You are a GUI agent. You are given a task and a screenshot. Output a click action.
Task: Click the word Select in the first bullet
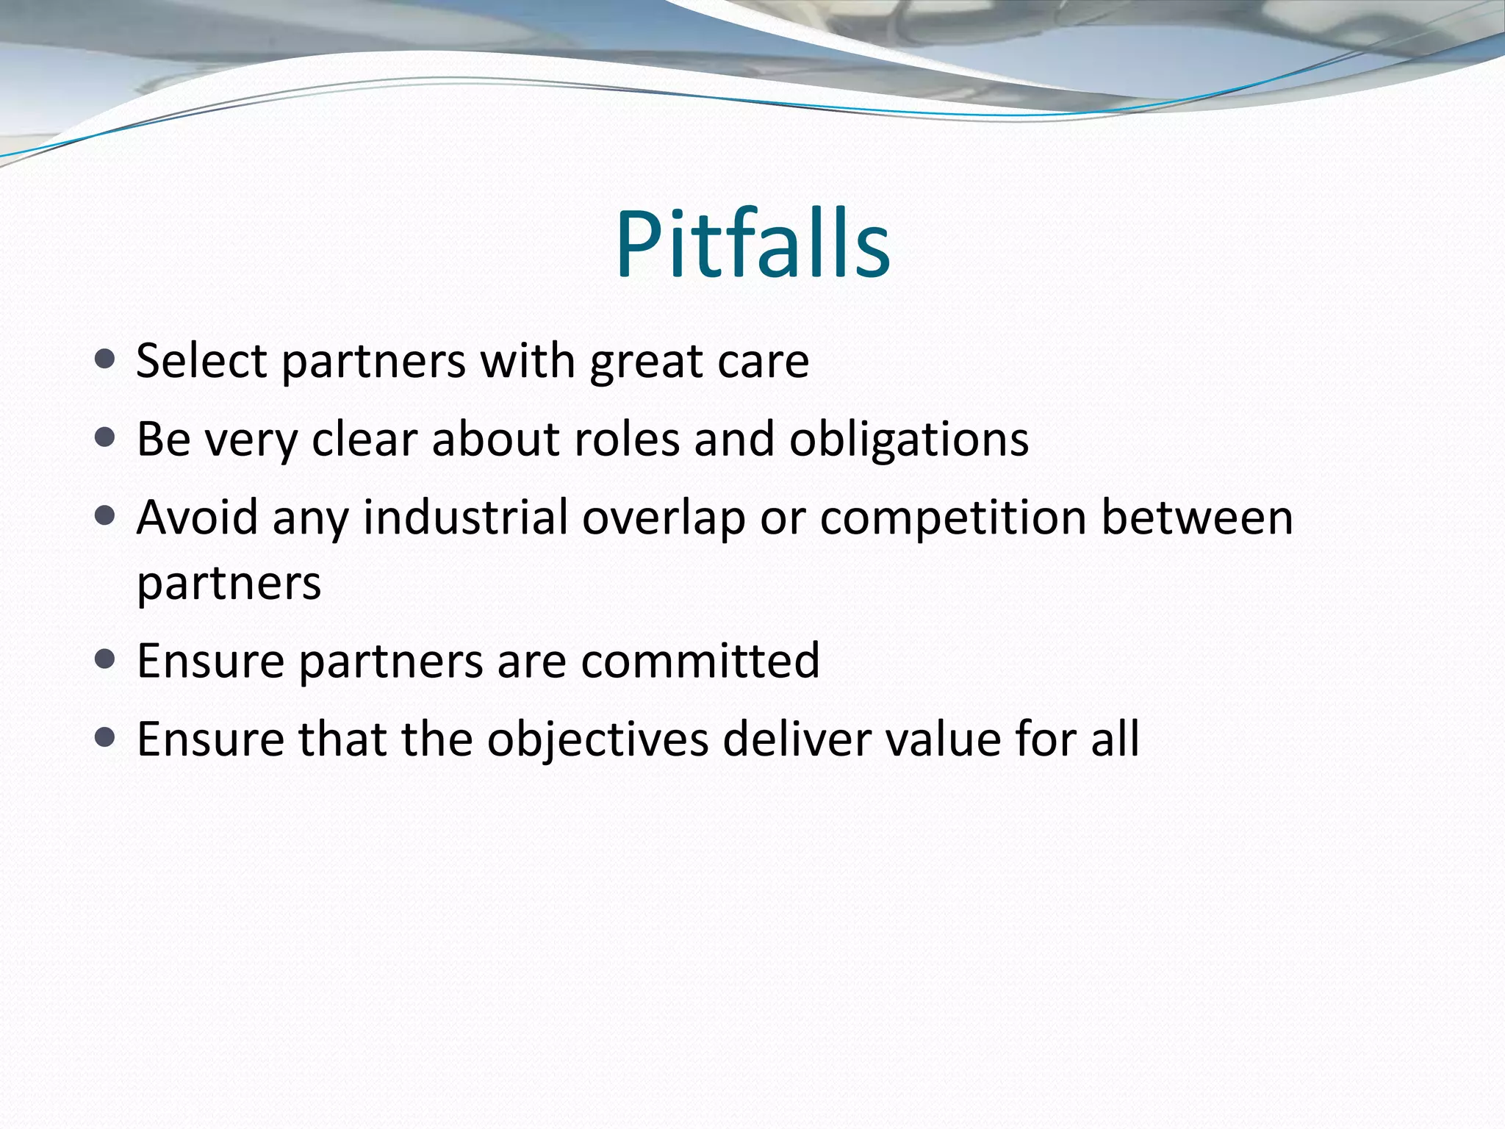point(201,361)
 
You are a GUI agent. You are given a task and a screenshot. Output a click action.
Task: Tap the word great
point(644,362)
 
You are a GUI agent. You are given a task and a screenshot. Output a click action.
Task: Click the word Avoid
point(198,517)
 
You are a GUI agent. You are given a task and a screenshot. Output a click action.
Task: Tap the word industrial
point(465,517)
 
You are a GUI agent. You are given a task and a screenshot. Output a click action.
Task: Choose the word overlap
point(664,518)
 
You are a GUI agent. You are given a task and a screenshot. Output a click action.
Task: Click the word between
point(1196,517)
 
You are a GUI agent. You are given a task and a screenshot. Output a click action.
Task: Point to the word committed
point(700,660)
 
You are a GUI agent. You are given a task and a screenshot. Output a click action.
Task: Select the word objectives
point(597,739)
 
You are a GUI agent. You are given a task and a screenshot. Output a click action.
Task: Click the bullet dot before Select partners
point(105,359)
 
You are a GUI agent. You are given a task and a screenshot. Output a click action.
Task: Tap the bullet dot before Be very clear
point(105,438)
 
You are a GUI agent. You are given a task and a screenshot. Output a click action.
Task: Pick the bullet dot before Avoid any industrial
point(105,516)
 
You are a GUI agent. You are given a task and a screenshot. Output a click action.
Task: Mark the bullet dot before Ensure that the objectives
point(105,737)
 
